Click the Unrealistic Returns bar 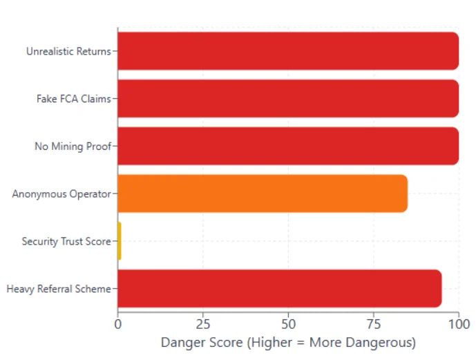coord(288,51)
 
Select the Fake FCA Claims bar coord(288,98)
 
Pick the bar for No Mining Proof coord(288,146)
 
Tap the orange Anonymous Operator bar coord(263,193)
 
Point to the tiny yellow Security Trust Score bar coord(120,241)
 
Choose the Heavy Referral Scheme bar coord(279,288)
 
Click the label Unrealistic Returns coord(68,51)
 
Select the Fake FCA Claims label coord(73,99)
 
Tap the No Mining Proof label coord(73,146)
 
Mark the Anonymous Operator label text coord(61,194)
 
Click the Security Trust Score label coord(66,241)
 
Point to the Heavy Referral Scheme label coord(58,289)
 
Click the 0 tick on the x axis coord(118,323)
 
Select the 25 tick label coord(203,323)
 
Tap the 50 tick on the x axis coord(288,323)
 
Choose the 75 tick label coord(373,323)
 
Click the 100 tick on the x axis coord(458,323)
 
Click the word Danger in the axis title coord(180,342)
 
